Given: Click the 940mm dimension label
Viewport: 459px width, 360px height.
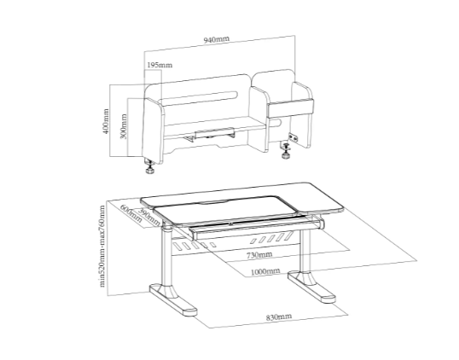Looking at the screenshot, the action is (x=217, y=39).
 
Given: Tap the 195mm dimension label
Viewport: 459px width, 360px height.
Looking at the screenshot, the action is (x=160, y=65).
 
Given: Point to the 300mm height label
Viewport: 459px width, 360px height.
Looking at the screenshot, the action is (x=124, y=126).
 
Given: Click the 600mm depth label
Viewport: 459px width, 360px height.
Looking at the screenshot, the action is (x=131, y=213).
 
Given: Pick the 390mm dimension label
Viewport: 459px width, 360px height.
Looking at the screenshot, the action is (x=149, y=217).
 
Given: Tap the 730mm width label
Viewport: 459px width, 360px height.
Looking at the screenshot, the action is (x=259, y=255).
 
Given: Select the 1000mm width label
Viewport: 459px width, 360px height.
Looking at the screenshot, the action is (x=265, y=271).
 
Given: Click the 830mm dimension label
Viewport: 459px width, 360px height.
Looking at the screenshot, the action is (x=279, y=317).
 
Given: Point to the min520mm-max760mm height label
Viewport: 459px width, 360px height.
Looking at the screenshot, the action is (x=102, y=247).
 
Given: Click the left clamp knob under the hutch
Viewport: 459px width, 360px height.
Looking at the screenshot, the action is (x=150, y=168).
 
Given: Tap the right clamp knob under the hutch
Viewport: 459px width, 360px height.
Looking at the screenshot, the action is (x=286, y=151).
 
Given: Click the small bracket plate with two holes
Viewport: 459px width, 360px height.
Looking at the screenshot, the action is (x=293, y=137).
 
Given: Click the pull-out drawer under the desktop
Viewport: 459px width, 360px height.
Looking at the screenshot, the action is (x=256, y=228).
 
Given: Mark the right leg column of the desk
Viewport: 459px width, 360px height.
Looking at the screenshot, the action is (x=306, y=251).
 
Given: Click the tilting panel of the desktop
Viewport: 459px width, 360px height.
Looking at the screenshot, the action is (x=225, y=210).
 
